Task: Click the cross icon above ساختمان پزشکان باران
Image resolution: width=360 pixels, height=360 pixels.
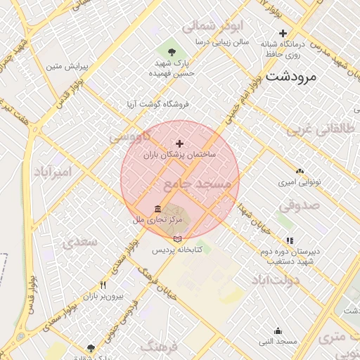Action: (179, 143)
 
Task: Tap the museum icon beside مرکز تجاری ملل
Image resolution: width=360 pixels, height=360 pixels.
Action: (157, 210)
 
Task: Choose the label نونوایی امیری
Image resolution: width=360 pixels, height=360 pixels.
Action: (300, 181)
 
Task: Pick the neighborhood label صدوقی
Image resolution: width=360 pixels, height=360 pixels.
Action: (299, 206)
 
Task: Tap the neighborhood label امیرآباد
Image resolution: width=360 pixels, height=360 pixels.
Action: (53, 172)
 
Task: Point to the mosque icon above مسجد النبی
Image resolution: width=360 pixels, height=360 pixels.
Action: (278, 330)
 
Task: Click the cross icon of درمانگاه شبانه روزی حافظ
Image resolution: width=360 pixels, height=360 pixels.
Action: (283, 33)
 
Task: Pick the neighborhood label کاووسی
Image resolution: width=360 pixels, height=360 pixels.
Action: (131, 136)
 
